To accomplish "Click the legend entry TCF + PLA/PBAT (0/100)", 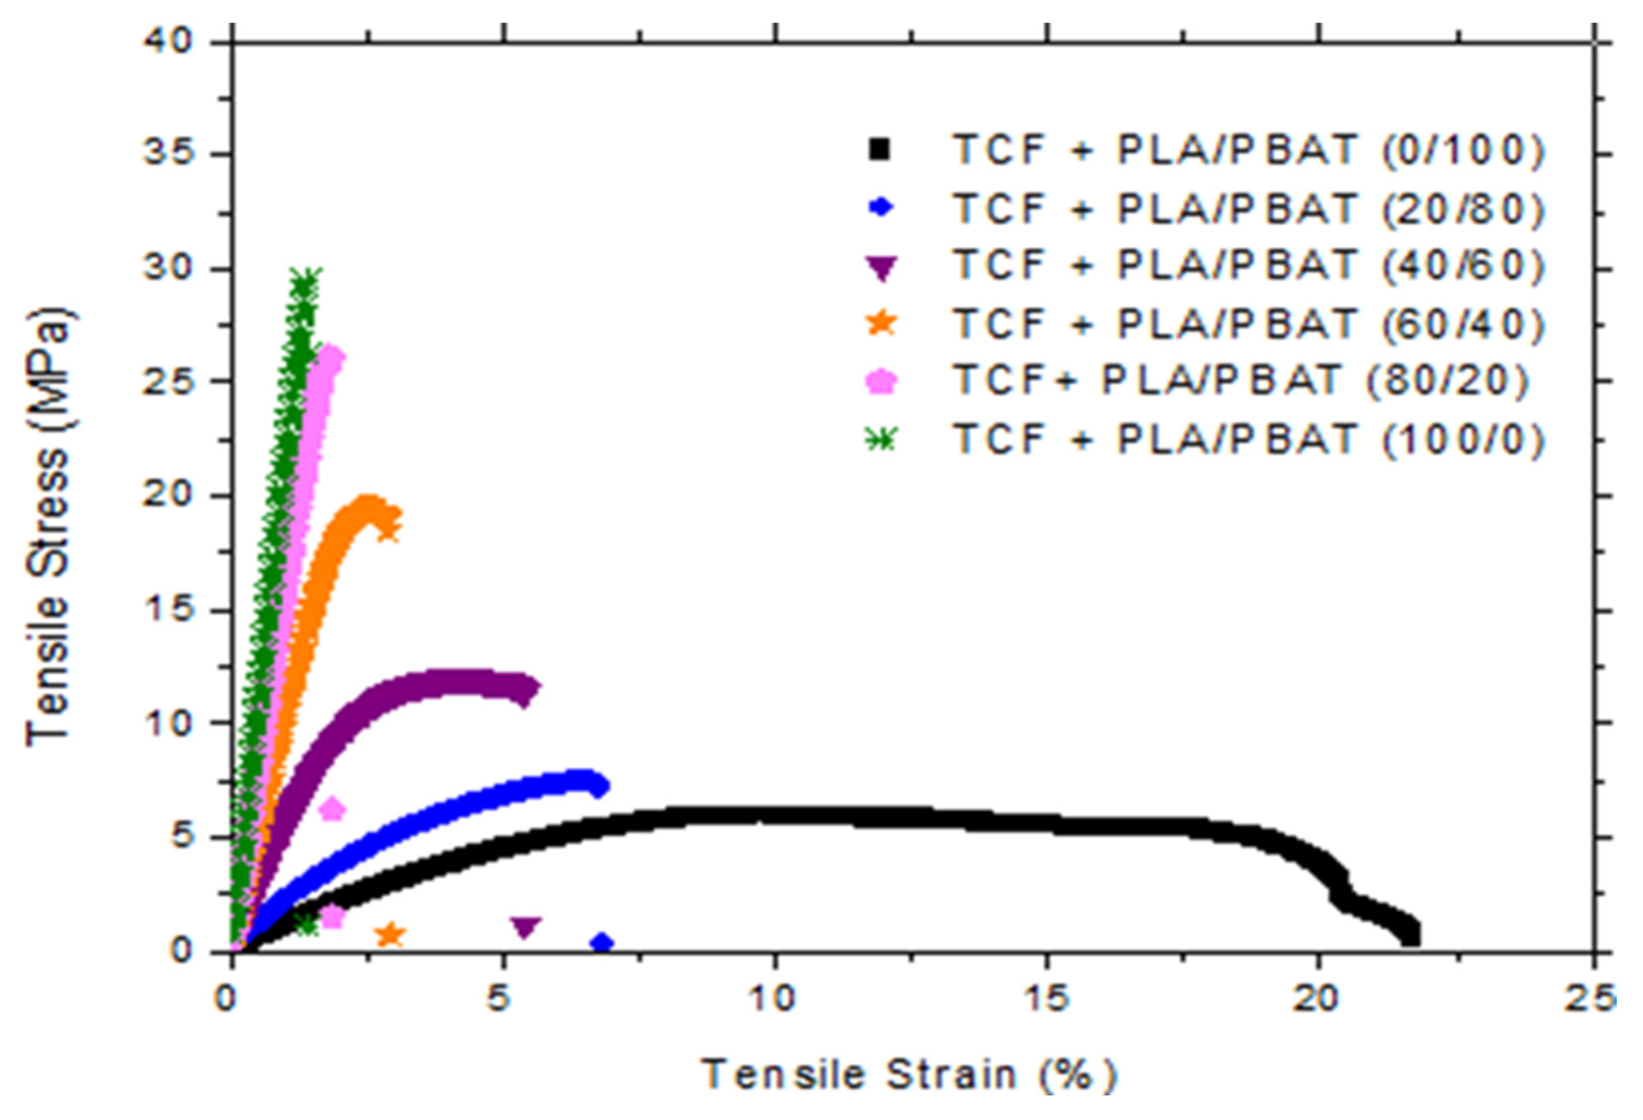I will coord(1248,150).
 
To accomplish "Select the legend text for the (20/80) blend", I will coord(1248,208).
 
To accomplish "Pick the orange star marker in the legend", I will coord(881,324).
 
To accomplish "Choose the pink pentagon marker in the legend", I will coord(881,382).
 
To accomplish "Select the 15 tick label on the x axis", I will coord(1047,999).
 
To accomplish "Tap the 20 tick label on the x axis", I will coord(1319,999).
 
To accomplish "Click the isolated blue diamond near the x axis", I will coord(602,943).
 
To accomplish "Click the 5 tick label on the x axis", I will coord(502,999).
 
